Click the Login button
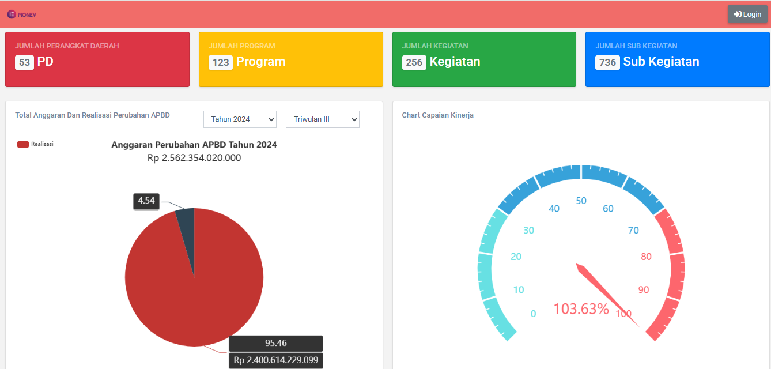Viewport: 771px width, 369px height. [x=747, y=14]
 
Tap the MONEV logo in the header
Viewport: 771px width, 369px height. [x=22, y=14]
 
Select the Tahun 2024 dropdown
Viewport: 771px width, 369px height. [x=240, y=119]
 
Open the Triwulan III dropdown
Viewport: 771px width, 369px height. [x=323, y=119]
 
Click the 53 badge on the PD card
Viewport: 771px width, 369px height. [x=24, y=62]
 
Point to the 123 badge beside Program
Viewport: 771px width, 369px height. [x=221, y=62]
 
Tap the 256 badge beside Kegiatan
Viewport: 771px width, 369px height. [x=414, y=62]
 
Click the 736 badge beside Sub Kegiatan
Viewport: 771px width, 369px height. [x=607, y=62]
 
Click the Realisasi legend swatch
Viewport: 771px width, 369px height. [x=23, y=144]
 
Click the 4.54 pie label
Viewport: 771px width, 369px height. [x=146, y=201]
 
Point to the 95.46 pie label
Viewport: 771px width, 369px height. [x=275, y=343]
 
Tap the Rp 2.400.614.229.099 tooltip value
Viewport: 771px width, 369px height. [x=275, y=360]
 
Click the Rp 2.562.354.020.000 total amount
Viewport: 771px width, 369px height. [x=194, y=158]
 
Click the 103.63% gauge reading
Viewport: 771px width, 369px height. [x=581, y=308]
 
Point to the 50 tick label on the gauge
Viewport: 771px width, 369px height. [x=581, y=201]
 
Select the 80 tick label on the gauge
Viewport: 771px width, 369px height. [x=646, y=257]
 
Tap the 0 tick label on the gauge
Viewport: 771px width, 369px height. [x=533, y=314]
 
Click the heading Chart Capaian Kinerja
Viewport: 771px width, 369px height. [x=437, y=115]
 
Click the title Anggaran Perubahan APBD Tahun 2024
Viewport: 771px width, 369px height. [x=194, y=145]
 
